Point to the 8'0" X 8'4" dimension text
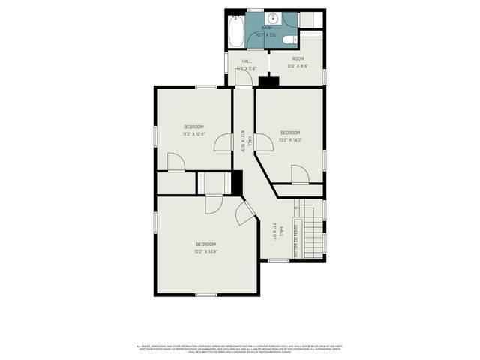click(298, 66)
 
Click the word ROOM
click(298, 58)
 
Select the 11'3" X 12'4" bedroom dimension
click(194, 134)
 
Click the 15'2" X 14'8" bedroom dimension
click(206, 251)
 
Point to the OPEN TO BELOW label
click(295, 241)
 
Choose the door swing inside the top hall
click(241, 79)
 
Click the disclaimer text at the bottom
click(240, 349)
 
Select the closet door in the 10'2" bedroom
click(300, 175)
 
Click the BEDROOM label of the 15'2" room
click(206, 244)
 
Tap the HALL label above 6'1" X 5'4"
click(246, 61)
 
